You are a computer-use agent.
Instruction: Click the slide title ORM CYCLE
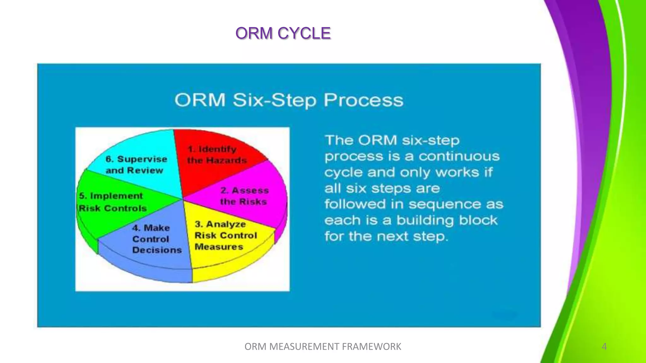click(x=283, y=33)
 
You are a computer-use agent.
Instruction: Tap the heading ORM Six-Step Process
click(x=289, y=100)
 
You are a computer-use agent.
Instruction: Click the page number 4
click(x=604, y=347)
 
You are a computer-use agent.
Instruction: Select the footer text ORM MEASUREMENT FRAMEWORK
click(x=323, y=347)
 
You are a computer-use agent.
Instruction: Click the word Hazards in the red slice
click(x=226, y=161)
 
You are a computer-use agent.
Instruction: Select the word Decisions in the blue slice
click(x=157, y=250)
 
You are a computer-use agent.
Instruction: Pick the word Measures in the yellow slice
click(x=219, y=247)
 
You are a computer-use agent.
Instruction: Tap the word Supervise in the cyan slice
click(x=142, y=159)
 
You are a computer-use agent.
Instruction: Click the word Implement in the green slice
click(x=116, y=196)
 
